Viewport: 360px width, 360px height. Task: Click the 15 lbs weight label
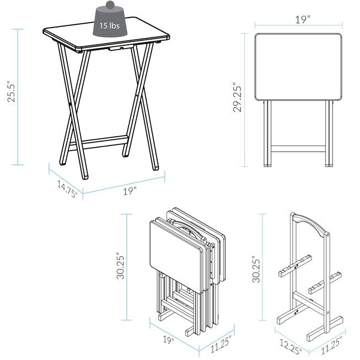tap(109, 25)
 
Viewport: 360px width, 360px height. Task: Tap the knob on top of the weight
tap(110, 4)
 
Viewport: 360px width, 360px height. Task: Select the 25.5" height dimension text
tap(11, 92)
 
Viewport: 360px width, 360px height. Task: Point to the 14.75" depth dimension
tap(67, 189)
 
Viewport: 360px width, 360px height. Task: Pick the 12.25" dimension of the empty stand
tap(291, 346)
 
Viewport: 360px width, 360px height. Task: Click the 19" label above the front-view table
tap(303, 20)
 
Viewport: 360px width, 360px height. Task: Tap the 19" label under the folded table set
tap(169, 340)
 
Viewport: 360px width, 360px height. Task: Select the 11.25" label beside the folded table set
tap(221, 344)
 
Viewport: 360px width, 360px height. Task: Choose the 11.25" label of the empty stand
tap(331, 346)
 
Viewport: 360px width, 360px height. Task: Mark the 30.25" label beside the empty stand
tap(256, 269)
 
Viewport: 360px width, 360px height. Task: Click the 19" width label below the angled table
tap(130, 191)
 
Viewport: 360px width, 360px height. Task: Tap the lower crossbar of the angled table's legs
tap(99, 143)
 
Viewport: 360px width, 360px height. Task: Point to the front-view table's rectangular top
tap(298, 67)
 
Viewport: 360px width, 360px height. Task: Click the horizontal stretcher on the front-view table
tap(298, 148)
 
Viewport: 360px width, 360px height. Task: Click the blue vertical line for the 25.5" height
tap(18, 97)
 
